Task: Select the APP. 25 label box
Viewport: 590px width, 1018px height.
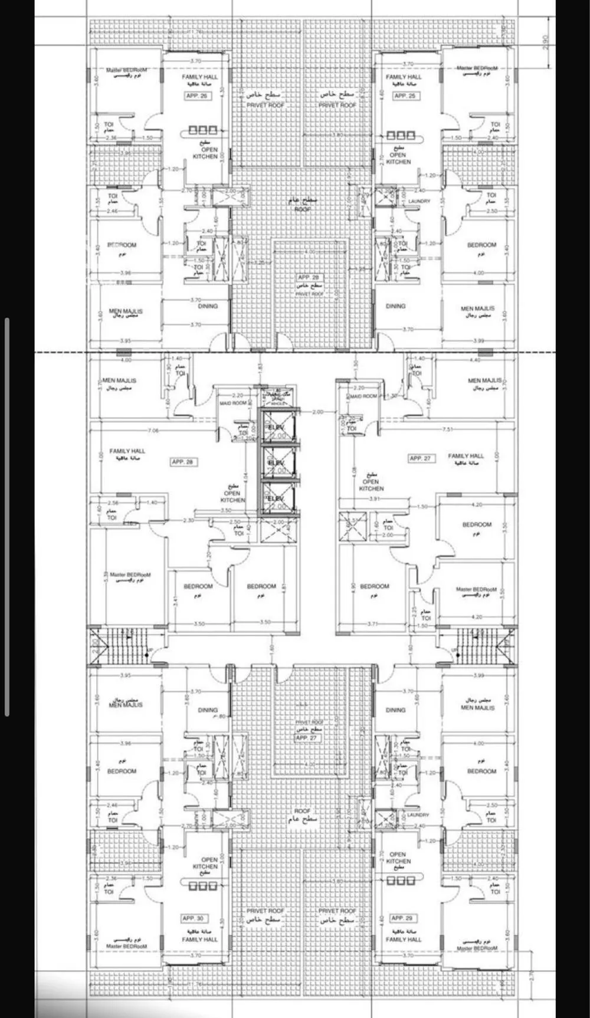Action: coord(405,96)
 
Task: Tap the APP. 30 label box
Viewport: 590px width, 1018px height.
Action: coord(193,918)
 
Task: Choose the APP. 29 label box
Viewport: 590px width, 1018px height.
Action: coord(401,918)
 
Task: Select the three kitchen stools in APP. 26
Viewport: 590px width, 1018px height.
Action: coord(203,130)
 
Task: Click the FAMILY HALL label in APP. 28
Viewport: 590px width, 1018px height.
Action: coord(127,451)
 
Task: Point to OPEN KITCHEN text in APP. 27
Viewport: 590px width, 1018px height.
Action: coord(371,482)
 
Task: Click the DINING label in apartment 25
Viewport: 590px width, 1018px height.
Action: coord(395,306)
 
